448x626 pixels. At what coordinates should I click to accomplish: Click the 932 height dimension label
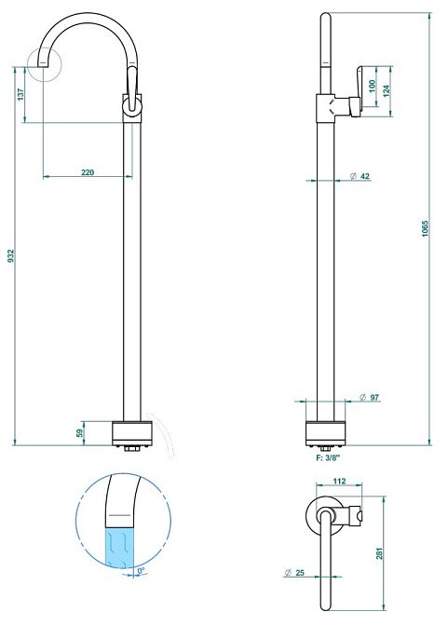coord(11,256)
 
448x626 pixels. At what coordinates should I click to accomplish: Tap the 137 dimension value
coord(21,94)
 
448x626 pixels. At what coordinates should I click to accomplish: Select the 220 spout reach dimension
coord(88,172)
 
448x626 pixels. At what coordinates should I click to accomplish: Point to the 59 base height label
coord(79,433)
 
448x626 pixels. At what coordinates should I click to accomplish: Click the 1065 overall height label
coord(425,229)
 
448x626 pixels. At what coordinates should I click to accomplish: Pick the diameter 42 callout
coord(360,176)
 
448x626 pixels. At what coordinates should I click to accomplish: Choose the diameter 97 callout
coord(370,397)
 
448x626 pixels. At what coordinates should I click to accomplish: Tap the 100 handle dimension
coord(373,86)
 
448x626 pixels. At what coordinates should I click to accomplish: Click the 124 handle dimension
coord(386,90)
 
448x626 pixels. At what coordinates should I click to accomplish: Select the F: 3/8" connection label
coord(328,458)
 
